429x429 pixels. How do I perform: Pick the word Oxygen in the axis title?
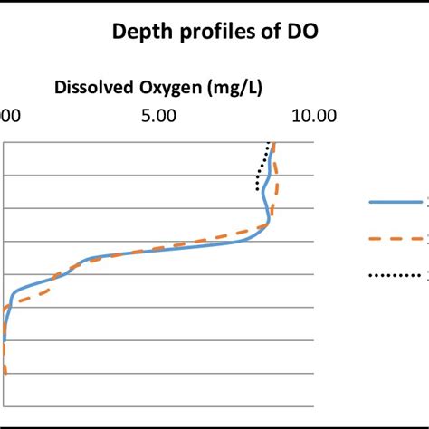pyautogui.click(x=169, y=88)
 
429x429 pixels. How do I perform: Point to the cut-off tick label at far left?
pyautogui.click(x=7, y=116)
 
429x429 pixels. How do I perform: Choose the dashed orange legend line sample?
pyautogui.click(x=398, y=239)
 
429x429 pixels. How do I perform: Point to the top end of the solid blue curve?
pyautogui.click(x=273, y=143)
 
